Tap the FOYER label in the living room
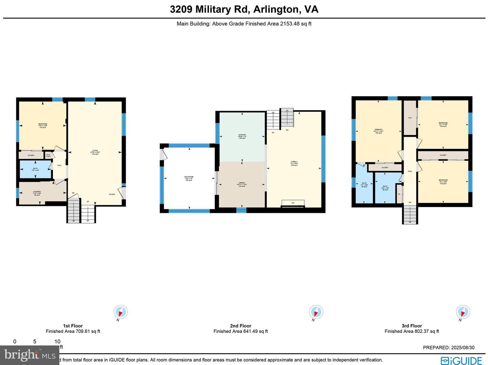[x=112, y=194]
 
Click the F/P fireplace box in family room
[x=293, y=203]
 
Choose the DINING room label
[x=242, y=185]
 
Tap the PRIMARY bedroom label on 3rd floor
[x=379, y=131]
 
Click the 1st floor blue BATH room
[x=36, y=169]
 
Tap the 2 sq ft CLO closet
[x=48, y=155]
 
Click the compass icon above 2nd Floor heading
[x=316, y=312]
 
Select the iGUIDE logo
[x=461, y=360]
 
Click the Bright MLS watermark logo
[x=30, y=355]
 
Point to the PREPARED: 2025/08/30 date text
[x=449, y=347]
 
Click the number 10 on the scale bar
[x=57, y=341]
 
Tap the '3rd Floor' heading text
[x=412, y=326]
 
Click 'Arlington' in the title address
[x=276, y=9]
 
